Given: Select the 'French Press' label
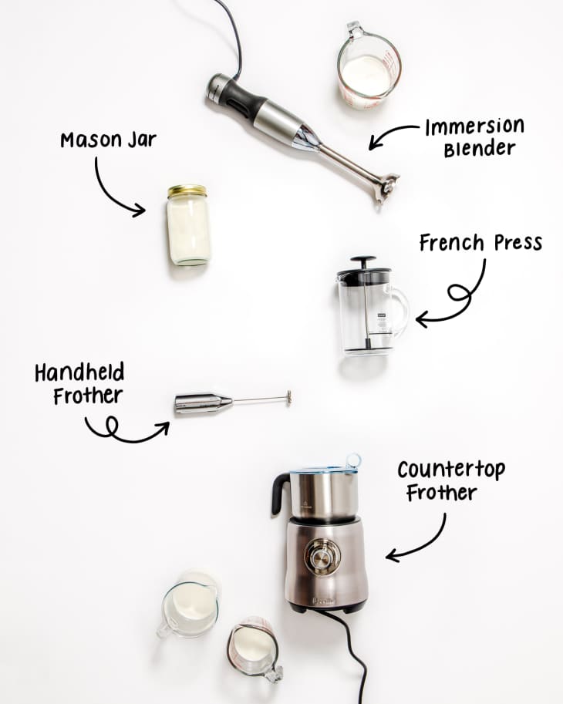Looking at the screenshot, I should coord(480,244).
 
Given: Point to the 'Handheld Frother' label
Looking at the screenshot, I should coord(79,385).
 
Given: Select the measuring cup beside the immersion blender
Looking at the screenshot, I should coord(368,68).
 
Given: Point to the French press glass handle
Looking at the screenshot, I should coord(399,312).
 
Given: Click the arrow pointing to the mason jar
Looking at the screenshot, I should coord(116,189).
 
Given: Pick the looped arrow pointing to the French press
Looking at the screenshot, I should coord(456,298).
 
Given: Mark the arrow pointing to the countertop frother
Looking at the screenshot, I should coord(420,541).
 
